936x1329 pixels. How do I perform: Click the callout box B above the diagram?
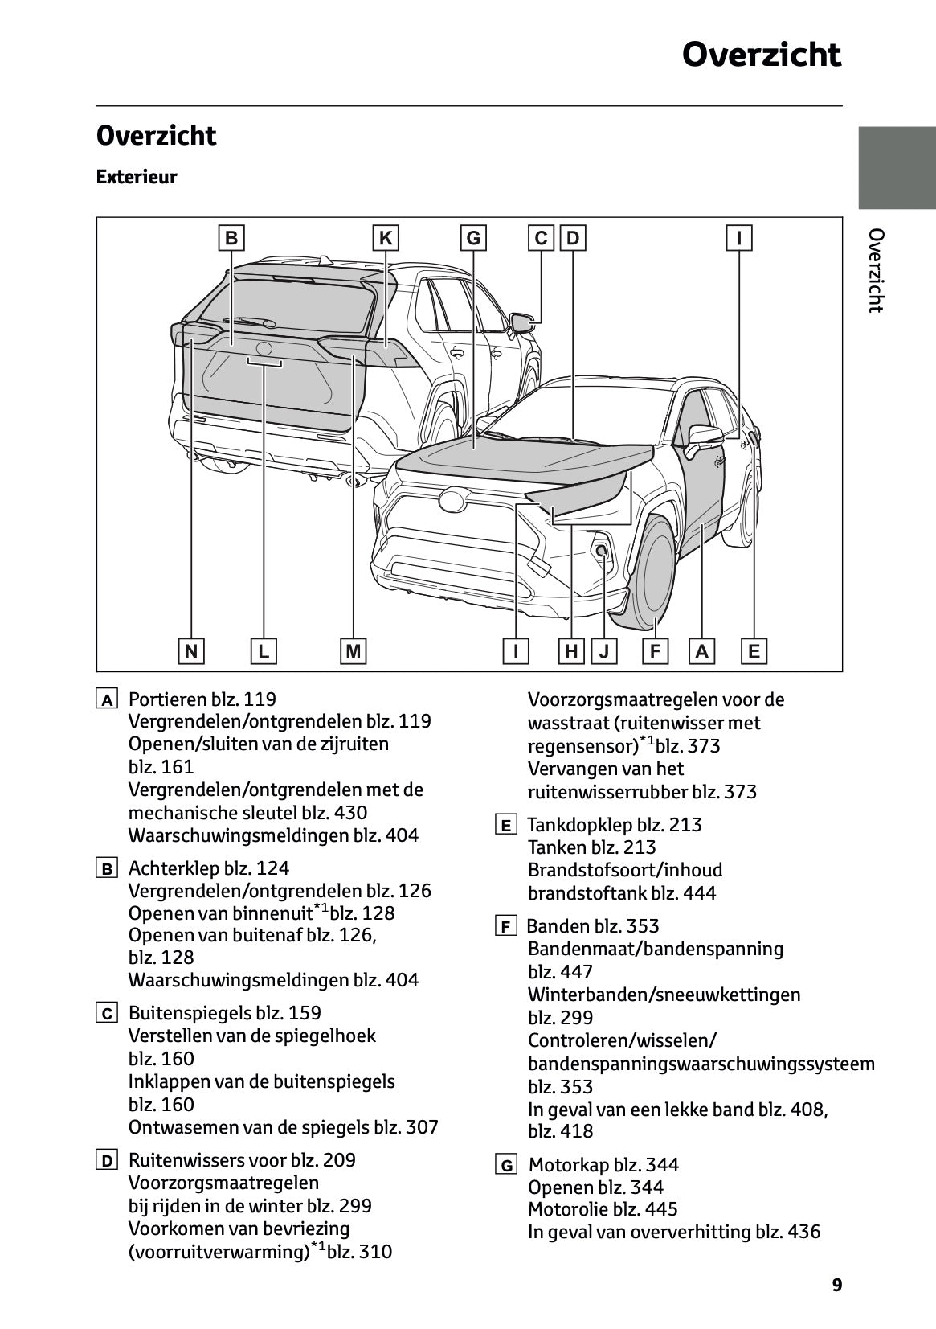point(231,239)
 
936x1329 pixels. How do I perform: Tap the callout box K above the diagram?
point(386,239)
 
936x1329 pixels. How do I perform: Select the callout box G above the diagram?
point(473,239)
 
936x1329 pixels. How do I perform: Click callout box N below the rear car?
point(191,650)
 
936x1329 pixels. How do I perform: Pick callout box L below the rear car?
point(264,650)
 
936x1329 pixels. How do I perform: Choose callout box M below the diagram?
point(353,650)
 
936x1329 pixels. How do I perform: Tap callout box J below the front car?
point(603,650)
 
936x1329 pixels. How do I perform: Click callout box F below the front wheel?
point(656,650)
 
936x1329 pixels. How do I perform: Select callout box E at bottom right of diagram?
point(754,650)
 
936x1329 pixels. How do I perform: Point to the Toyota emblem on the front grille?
point(452,500)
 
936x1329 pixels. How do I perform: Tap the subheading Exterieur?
point(137,177)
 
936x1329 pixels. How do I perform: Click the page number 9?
point(837,1286)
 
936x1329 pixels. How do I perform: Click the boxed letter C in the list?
point(107,1014)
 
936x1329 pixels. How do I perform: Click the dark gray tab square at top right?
point(897,168)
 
